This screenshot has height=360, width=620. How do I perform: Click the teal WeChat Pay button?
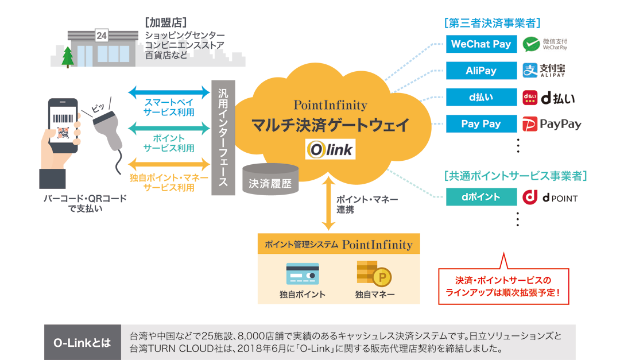(481, 44)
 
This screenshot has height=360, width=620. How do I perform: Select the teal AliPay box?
(481, 71)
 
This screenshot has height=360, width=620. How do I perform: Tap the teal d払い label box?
(481, 98)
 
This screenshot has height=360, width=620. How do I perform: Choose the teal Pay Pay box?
(481, 124)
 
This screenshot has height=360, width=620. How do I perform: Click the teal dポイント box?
(481, 197)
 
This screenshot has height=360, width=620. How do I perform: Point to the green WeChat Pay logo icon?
(533, 44)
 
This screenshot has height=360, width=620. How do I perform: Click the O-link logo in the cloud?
(330, 150)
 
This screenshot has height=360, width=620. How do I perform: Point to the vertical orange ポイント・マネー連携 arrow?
(328, 203)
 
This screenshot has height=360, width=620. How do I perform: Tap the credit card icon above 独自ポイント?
(302, 274)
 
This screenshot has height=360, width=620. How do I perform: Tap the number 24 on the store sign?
(101, 36)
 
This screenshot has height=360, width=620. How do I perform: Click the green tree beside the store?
(68, 56)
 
